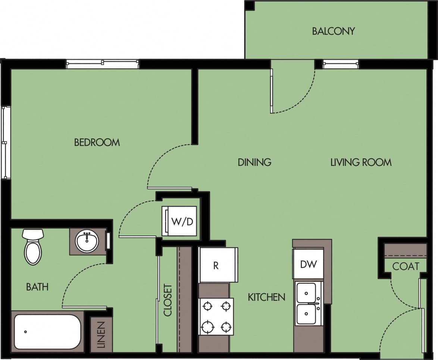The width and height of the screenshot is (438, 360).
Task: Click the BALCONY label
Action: coord(333,31)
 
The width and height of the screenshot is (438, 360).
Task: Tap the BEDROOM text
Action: coord(97,142)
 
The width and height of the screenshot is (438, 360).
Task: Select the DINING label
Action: coord(254,162)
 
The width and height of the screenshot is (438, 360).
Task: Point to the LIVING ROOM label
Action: coord(361,162)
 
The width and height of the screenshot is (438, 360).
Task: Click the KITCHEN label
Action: coord(266,297)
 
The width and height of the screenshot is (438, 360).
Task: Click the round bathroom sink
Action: coord(87,241)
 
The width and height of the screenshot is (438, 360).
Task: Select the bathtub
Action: coord(47,331)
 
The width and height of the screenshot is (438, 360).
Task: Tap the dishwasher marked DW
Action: coord(308,264)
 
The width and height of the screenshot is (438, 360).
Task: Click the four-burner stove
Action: coord(216,316)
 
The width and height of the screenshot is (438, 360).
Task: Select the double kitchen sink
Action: coord(308,303)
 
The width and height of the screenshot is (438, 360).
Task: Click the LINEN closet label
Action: coord(101,335)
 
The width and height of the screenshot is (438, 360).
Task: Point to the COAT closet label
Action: coord(406,266)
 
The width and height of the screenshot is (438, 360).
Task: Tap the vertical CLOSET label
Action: coord(168,300)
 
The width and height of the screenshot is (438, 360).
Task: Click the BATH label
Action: coord(37,287)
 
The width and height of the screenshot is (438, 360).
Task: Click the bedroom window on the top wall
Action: coord(102,64)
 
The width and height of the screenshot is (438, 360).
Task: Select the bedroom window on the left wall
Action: coord(5,142)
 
